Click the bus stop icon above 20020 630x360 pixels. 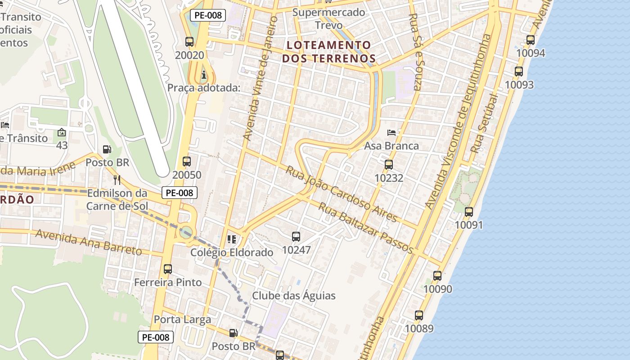pyautogui.click(x=189, y=42)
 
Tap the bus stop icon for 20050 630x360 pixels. pyautogui.click(x=187, y=162)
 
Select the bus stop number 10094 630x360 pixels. pyautogui.click(x=531, y=53)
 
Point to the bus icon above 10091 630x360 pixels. pyautogui.click(x=469, y=211)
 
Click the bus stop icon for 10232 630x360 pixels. pyautogui.click(x=389, y=165)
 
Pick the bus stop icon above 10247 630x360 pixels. pyautogui.click(x=296, y=236)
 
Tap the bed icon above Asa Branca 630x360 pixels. pyautogui.click(x=391, y=133)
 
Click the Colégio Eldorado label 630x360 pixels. pyautogui.click(x=232, y=252)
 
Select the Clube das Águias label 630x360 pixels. pyautogui.click(x=294, y=296)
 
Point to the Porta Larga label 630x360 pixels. pyautogui.click(x=182, y=319)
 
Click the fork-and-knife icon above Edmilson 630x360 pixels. pyautogui.click(x=117, y=180)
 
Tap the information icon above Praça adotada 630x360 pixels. pyautogui.click(x=204, y=75)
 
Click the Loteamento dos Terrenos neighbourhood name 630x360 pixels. pyautogui.click(x=328, y=52)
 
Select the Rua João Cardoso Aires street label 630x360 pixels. pyautogui.click(x=342, y=194)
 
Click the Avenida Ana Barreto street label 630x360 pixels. pyautogui.click(x=89, y=242)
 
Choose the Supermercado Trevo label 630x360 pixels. pyautogui.click(x=328, y=18)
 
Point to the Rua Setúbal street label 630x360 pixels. pyautogui.click(x=484, y=124)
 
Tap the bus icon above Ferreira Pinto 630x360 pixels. pyautogui.click(x=168, y=269)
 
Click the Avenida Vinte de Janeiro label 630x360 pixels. pyautogui.click(x=260, y=79)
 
